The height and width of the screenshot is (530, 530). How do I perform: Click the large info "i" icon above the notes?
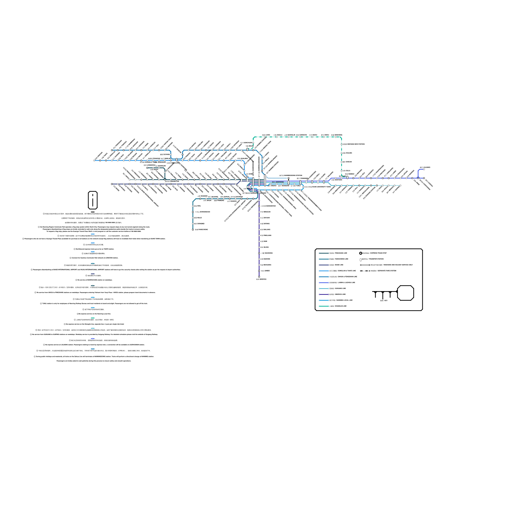point(93,200)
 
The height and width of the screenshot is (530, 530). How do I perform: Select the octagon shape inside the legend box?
point(405,293)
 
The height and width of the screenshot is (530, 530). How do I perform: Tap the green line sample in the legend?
point(324,306)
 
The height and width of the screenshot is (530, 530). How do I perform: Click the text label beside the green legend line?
point(338,306)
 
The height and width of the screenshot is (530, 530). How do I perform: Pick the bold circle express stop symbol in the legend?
point(361,253)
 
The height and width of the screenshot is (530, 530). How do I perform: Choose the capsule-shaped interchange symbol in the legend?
point(361,259)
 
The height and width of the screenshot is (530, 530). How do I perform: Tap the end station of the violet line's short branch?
point(424,169)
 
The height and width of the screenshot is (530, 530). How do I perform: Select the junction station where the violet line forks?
point(418,178)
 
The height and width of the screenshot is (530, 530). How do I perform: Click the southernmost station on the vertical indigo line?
point(259,277)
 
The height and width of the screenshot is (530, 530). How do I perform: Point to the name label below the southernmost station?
point(261,280)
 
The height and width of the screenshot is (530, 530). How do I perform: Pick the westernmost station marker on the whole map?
point(94,161)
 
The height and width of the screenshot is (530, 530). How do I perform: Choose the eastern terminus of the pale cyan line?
point(400,185)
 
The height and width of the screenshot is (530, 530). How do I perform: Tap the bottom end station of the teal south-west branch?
point(193,230)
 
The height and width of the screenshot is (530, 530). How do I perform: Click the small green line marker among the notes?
point(93,318)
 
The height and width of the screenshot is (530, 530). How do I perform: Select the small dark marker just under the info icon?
point(93,212)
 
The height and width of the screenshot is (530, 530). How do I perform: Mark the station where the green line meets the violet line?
point(342,178)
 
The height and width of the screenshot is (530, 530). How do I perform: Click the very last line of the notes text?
point(94,361)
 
